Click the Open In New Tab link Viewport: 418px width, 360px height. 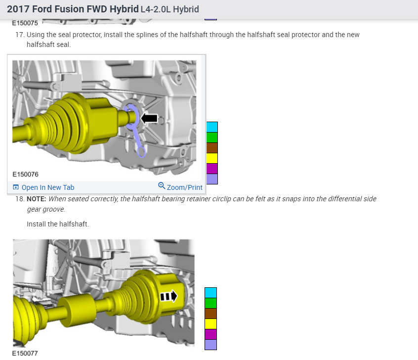coord(43,187)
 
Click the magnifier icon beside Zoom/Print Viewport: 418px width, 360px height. coord(162,185)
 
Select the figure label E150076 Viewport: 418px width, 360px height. coord(25,174)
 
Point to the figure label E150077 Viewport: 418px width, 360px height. coord(25,353)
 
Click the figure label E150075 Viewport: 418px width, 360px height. coord(25,23)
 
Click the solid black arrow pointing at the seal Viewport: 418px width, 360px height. coord(149,119)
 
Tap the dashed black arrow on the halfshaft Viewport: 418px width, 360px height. coord(168,296)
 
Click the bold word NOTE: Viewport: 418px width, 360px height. coord(36,199)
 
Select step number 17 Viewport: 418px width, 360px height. coord(20,35)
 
